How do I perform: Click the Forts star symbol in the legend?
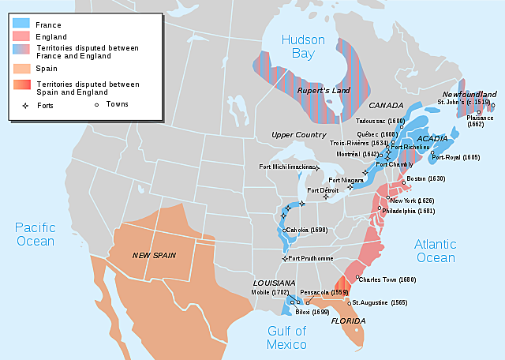pos(24,103)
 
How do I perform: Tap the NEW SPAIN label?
pos(154,255)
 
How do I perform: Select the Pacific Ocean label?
pos(35,234)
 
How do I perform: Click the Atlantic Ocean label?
pos(435,251)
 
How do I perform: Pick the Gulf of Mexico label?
pos(286,337)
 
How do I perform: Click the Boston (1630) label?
pos(425,179)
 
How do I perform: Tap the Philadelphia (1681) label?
pos(409,212)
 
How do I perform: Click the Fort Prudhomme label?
pos(313,259)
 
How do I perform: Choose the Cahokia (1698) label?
pos(307,230)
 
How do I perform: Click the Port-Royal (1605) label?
pos(457,157)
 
